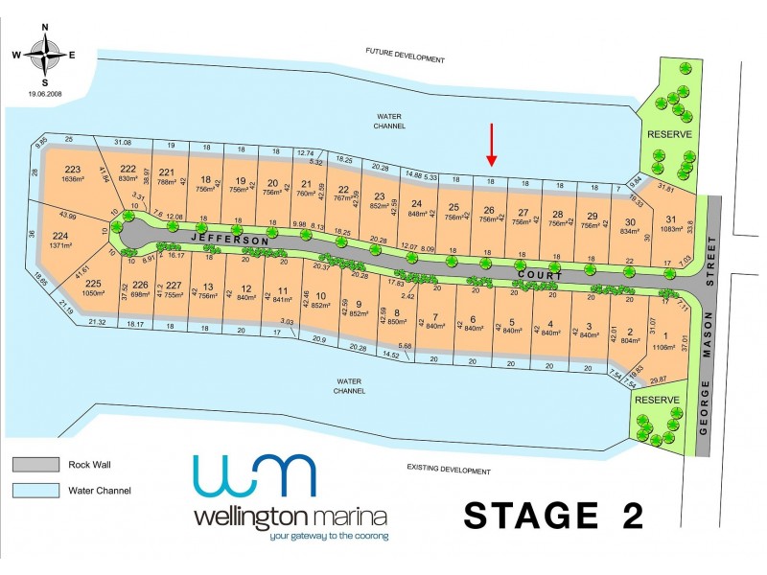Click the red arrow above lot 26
491,144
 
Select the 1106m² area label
662,347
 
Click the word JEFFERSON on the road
230,238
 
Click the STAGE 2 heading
553,515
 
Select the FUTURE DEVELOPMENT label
406,58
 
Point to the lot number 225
92,285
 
